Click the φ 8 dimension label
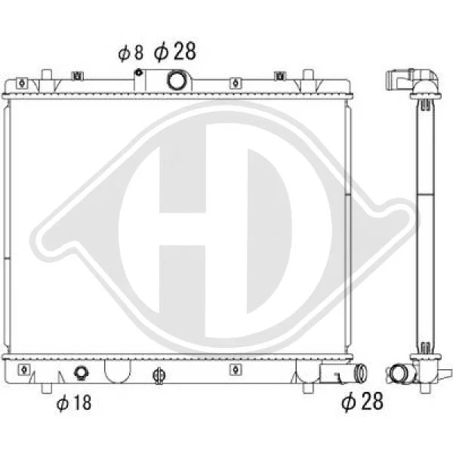tap(131, 53)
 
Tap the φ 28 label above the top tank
tap(175, 51)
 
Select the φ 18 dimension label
tap(74, 402)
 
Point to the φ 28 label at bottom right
tap(362, 401)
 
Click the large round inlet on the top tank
tap(176, 80)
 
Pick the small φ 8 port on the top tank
tap(139, 72)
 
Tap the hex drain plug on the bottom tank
tap(82, 372)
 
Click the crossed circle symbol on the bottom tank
tap(159, 375)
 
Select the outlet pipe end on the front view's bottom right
tap(361, 373)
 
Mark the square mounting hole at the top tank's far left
tap(22, 83)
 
